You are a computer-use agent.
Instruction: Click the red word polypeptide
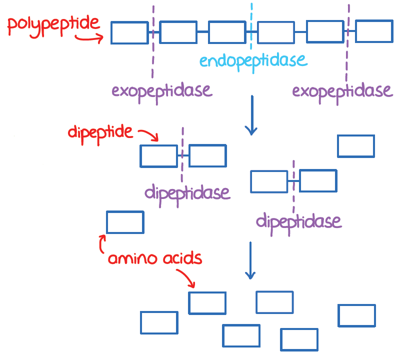pyautogui.click(x=53, y=26)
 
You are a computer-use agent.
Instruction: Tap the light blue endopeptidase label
pyautogui.click(x=253, y=61)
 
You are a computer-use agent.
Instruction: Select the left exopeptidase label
pyautogui.click(x=162, y=92)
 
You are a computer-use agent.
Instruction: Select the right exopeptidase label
pyautogui.click(x=342, y=92)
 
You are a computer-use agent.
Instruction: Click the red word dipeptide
pyautogui.click(x=100, y=133)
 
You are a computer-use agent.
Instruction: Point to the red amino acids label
pyautogui.click(x=155, y=258)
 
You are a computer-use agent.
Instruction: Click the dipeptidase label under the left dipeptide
pyautogui.click(x=187, y=194)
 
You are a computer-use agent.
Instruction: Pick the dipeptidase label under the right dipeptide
pyautogui.click(x=298, y=222)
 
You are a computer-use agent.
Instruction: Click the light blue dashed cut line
pyautogui.click(x=251, y=26)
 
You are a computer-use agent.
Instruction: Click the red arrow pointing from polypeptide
pyautogui.click(x=89, y=38)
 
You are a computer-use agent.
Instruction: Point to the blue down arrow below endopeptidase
pyautogui.click(x=252, y=115)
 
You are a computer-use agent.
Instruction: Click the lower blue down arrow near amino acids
pyautogui.click(x=250, y=260)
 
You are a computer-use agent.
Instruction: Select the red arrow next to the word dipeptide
pyautogui.click(x=148, y=134)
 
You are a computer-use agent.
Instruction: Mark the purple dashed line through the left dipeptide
pyautogui.click(x=182, y=154)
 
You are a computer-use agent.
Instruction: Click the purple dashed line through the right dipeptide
pyautogui.click(x=293, y=187)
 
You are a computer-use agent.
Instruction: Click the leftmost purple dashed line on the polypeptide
pyautogui.click(x=153, y=41)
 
